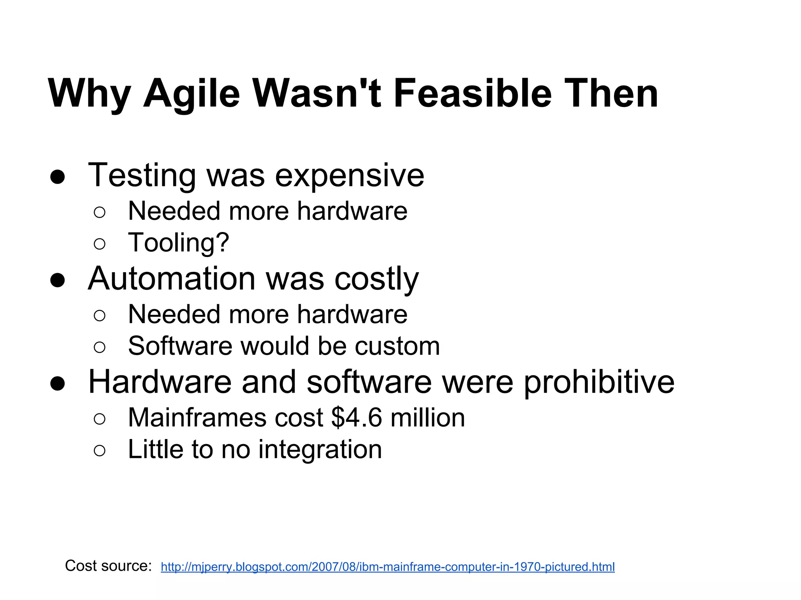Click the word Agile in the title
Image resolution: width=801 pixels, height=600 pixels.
(x=192, y=94)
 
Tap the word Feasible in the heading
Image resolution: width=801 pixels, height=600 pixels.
(x=472, y=94)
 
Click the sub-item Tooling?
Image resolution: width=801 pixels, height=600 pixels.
(x=178, y=243)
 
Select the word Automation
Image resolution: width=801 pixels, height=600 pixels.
(x=172, y=279)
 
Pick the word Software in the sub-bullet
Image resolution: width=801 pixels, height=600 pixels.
(x=180, y=346)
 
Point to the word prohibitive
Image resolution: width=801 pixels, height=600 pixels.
(x=599, y=382)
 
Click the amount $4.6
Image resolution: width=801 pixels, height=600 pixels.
(x=356, y=418)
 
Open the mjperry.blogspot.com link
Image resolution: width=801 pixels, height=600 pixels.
(x=387, y=567)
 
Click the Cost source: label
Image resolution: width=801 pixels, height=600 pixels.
(x=108, y=566)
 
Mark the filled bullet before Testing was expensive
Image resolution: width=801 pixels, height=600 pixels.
(x=57, y=177)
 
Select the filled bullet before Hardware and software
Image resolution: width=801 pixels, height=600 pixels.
(x=57, y=383)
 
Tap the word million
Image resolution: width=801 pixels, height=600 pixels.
(x=427, y=418)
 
